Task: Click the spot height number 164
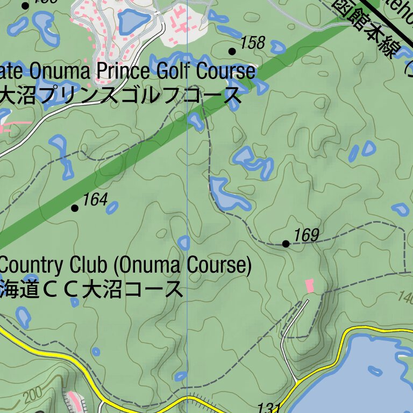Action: pyautogui.click(x=95, y=200)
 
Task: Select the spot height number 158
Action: pyautogui.click(x=253, y=43)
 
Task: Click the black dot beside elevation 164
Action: pyautogui.click(x=75, y=208)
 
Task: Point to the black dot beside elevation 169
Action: pyautogui.click(x=286, y=244)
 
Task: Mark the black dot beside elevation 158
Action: pyautogui.click(x=232, y=51)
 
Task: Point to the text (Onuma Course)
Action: pyautogui.click(x=183, y=265)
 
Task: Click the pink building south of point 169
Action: pyautogui.click(x=309, y=286)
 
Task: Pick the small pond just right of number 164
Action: pyautogui.click(x=112, y=207)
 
